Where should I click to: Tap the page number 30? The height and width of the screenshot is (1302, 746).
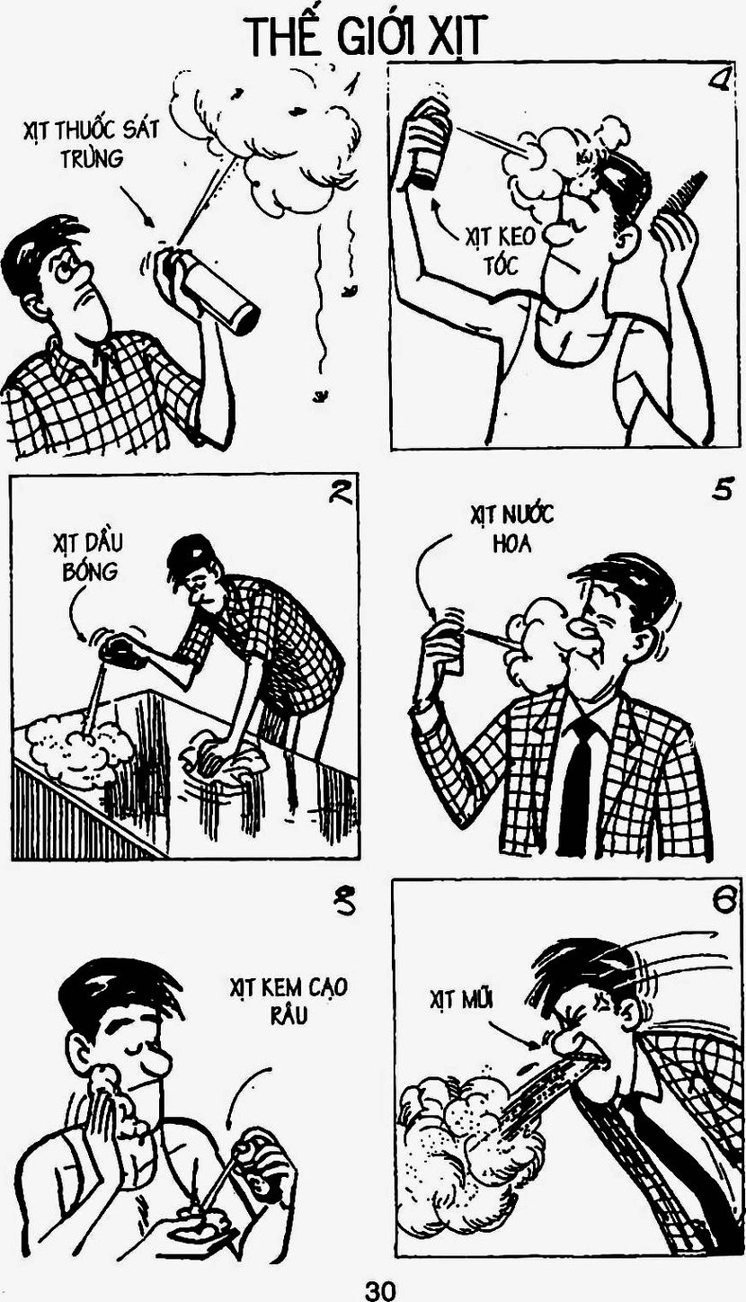pyautogui.click(x=380, y=1287)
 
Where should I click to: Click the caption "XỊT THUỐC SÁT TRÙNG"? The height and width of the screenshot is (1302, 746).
pyautogui.click(x=91, y=143)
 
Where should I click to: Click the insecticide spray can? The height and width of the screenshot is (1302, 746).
pyautogui.click(x=209, y=290)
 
